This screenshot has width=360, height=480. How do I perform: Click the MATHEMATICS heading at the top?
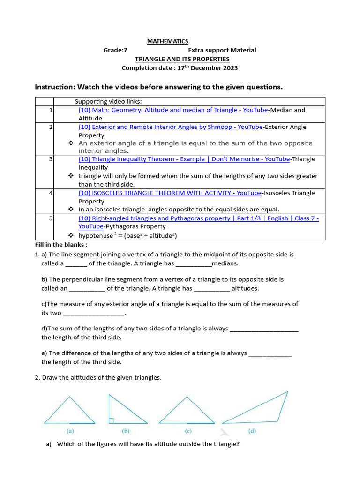tap(167, 41)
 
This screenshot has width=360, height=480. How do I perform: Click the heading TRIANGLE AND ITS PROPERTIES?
tap(182, 59)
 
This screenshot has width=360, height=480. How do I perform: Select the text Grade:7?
tap(115, 50)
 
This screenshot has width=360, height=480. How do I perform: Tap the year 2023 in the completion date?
tap(230, 68)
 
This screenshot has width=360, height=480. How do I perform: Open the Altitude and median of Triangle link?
tap(173, 110)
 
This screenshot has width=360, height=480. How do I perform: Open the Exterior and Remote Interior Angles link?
tap(170, 127)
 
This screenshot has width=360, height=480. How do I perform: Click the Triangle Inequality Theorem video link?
tap(184, 159)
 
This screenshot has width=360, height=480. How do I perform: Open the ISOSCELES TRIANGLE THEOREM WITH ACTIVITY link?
tap(170, 193)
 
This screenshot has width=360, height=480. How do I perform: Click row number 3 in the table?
tap(50, 159)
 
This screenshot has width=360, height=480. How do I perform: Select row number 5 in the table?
tap(50, 218)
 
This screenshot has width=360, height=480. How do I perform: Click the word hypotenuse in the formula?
tap(96, 235)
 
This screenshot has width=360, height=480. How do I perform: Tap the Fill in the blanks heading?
tap(61, 245)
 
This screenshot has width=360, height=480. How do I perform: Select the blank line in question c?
tap(94, 313)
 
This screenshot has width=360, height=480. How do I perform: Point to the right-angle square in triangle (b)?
tap(112, 421)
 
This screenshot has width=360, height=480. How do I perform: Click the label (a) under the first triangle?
tap(70, 431)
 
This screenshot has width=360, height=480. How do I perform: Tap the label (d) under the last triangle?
tap(252, 431)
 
